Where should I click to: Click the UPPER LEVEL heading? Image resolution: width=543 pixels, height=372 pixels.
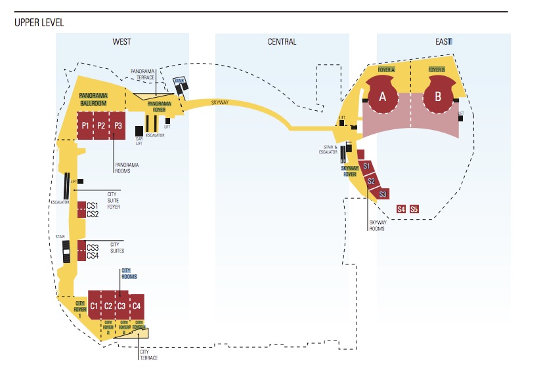click(x=39, y=23)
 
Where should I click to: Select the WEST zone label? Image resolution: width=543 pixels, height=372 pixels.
click(x=121, y=42)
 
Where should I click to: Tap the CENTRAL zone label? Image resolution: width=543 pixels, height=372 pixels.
click(x=282, y=42)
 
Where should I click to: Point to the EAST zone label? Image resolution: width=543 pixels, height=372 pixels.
click(x=444, y=42)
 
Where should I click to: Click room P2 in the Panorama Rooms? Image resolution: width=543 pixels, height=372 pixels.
click(x=101, y=125)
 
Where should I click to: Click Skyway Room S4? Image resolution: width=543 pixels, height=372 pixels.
click(x=401, y=209)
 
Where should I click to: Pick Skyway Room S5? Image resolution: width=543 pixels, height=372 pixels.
click(x=414, y=209)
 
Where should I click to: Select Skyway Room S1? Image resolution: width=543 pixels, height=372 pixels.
click(x=367, y=166)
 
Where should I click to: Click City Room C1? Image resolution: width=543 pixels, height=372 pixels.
click(x=95, y=306)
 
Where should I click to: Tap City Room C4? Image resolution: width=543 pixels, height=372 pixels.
click(x=136, y=306)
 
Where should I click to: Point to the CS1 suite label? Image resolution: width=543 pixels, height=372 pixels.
click(x=93, y=206)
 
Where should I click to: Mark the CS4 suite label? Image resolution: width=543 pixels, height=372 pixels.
click(x=93, y=255)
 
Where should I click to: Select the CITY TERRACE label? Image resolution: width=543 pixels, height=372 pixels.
click(x=148, y=354)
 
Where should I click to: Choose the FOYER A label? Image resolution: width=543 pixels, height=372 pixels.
click(x=386, y=70)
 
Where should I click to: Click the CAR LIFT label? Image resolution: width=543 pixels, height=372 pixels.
click(x=139, y=141)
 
